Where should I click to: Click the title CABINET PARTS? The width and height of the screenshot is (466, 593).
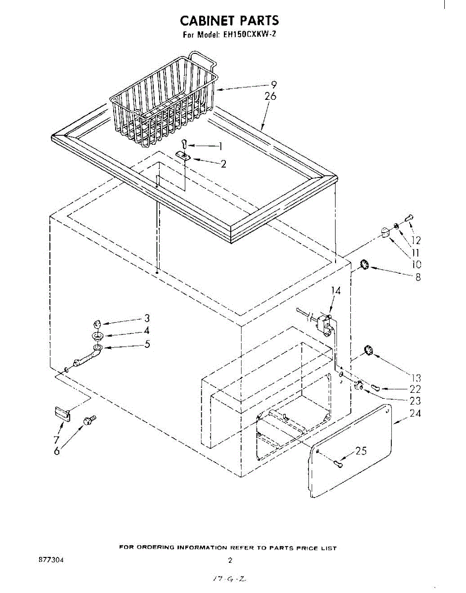(229, 20)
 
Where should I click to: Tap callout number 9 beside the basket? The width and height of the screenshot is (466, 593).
(274, 85)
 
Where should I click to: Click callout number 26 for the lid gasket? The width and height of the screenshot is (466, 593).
(270, 96)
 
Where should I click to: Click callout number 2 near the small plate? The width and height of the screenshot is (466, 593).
(223, 164)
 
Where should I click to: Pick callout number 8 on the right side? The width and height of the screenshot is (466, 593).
(418, 277)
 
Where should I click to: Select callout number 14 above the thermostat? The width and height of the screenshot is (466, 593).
(336, 291)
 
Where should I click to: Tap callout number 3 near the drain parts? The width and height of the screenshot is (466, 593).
(147, 318)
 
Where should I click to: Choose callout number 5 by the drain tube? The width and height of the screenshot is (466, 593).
(147, 344)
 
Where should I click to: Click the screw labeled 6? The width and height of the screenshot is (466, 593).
(89, 421)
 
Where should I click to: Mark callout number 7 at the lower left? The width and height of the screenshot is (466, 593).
(56, 439)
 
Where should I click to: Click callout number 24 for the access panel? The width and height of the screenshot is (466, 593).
(415, 413)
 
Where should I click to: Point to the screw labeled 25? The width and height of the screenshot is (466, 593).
(338, 463)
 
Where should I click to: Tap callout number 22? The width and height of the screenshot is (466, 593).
(415, 389)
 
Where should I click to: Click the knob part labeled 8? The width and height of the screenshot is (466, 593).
(365, 265)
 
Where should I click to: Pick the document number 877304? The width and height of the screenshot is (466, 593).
(50, 561)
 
